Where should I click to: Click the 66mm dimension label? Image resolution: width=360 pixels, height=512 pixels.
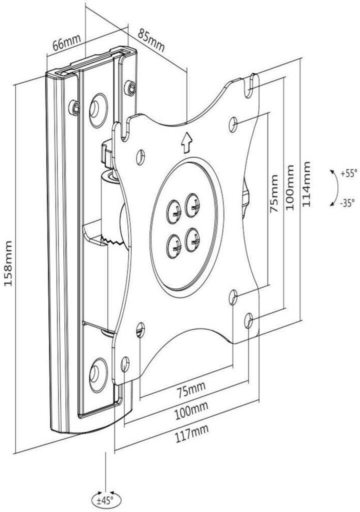pos(66,42)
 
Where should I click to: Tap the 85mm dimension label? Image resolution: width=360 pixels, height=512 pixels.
pos(151,40)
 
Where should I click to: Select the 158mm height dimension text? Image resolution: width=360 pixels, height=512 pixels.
pos(8,263)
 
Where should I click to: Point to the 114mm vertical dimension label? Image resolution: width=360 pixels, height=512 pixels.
pos(306,184)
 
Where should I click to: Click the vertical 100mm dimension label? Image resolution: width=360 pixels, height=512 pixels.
pos(290,187)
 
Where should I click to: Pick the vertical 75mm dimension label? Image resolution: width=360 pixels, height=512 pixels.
pos(274,193)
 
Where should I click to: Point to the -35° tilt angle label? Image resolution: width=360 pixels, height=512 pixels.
pos(347,203)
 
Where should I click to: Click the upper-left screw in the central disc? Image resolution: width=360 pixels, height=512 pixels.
pos(174,212)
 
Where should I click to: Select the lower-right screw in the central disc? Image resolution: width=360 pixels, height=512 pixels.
pos(192,240)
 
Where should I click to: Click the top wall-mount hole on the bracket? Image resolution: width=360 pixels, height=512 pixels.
pos(97,106)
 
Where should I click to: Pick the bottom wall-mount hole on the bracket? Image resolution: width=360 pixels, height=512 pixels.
pos(97,375)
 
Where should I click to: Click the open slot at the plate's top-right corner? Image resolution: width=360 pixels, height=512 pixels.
pos(251,85)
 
